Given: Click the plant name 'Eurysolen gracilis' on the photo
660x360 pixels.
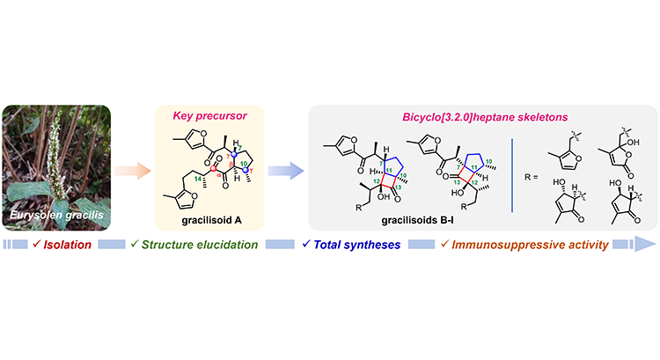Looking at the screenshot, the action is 56,215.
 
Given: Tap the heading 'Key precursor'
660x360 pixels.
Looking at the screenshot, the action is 209,116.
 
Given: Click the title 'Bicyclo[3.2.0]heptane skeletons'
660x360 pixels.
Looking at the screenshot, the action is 485,117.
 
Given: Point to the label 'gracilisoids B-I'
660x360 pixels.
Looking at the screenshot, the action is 417,220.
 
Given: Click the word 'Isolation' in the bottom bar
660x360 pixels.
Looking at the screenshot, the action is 68,245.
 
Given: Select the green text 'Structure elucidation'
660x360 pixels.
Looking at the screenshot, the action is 200,245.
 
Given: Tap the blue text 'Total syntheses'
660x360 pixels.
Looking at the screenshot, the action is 357,245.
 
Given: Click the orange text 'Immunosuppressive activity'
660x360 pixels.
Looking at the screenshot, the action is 530,245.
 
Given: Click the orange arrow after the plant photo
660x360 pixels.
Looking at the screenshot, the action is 133,171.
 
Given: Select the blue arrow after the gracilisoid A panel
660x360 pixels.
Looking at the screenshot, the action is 286,171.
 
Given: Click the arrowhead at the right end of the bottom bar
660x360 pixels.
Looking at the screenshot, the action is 645,244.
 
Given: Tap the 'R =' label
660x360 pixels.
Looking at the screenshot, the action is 532,177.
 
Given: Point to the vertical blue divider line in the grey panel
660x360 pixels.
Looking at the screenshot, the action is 512,175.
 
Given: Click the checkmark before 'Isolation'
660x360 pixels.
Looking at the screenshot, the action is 37,244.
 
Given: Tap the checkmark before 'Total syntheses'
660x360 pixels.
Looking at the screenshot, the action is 306,244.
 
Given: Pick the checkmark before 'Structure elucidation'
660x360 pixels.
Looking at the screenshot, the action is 135,244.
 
